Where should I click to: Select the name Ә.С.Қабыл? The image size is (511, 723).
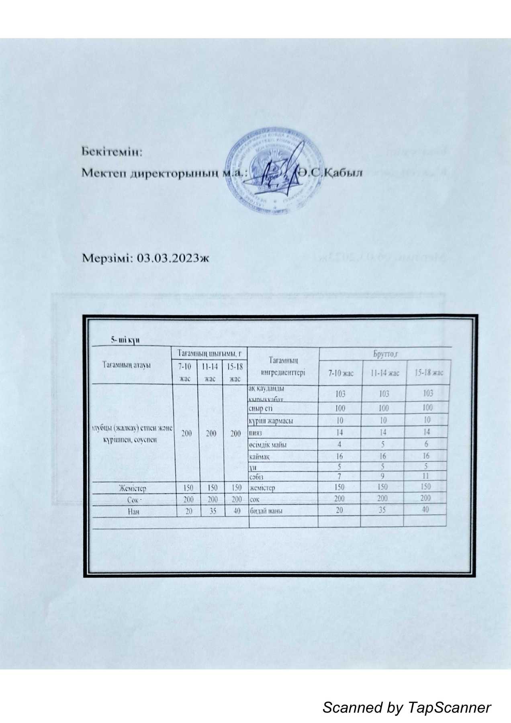(331, 173)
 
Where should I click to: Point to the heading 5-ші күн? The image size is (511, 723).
(125, 340)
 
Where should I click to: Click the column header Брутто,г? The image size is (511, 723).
(385, 354)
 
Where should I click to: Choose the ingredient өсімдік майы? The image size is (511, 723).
(268, 445)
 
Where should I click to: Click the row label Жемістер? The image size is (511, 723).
(132, 488)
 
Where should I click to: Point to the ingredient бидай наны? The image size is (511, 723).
(266, 511)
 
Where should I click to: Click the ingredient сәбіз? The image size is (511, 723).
(256, 477)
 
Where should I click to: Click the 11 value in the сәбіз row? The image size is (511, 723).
(426, 476)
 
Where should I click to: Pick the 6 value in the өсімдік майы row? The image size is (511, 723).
(426, 444)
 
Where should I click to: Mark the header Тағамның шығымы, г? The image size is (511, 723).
(209, 353)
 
